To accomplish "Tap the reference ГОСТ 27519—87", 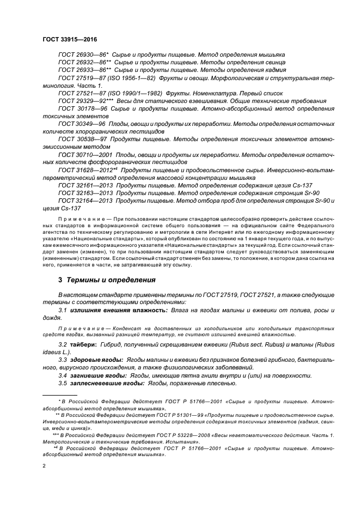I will click(82, 78).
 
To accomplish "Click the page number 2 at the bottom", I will click(44, 466).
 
